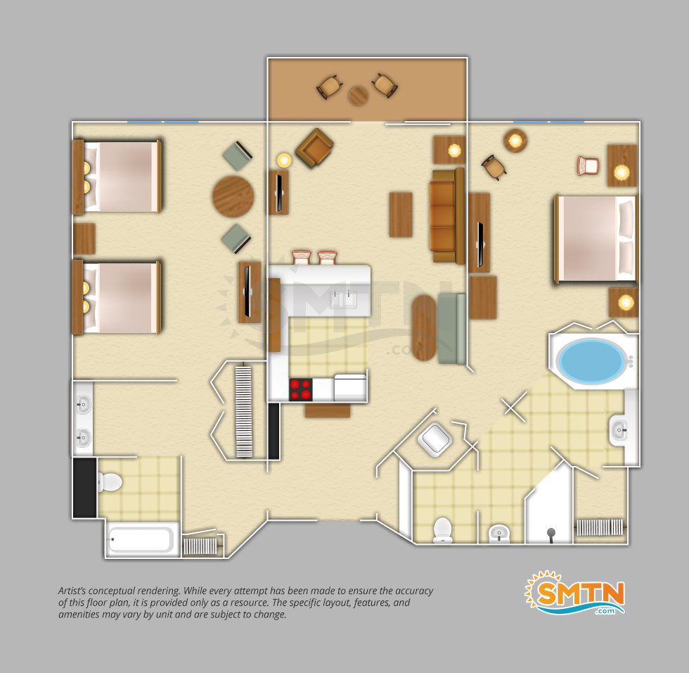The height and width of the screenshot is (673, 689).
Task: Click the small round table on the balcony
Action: point(359,96)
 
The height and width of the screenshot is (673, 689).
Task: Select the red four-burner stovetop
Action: point(301,389)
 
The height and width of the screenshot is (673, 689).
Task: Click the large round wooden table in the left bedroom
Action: point(233,196)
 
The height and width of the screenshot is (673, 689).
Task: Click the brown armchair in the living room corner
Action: point(315,148)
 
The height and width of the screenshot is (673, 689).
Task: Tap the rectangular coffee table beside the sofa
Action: point(401,215)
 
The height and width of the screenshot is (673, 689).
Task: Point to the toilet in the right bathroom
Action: point(442,530)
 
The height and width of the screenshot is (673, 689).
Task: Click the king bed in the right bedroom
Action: point(596,239)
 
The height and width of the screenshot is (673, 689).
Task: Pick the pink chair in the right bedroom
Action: point(588,165)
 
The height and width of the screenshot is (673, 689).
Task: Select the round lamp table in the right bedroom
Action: point(515,141)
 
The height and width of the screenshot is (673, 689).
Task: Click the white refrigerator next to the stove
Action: point(350,387)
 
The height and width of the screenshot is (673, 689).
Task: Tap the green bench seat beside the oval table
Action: point(451,329)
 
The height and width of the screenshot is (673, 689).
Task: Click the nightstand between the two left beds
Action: point(84,239)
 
